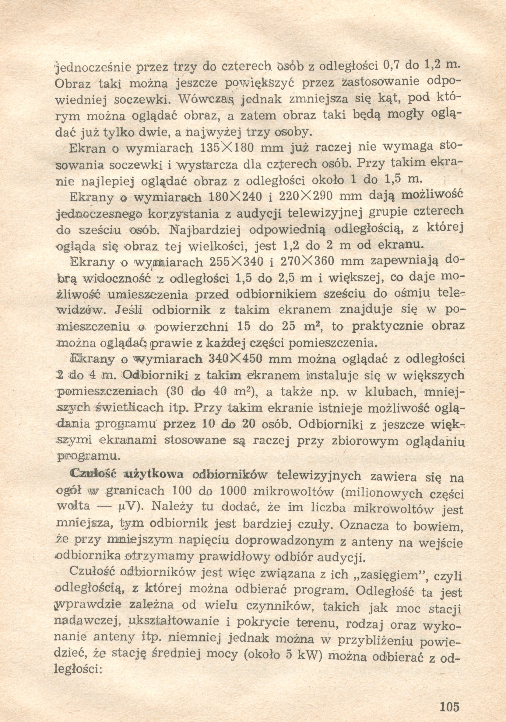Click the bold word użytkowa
point(154,475)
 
